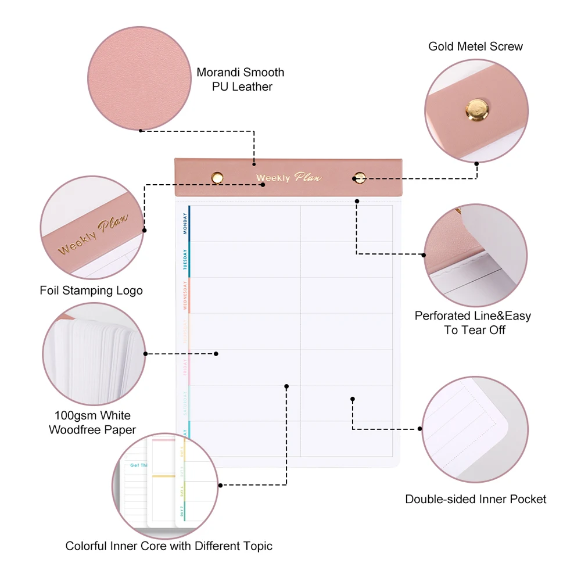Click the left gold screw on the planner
217,177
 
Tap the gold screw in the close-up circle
476,109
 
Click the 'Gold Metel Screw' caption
475,46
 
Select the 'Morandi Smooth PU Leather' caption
241,80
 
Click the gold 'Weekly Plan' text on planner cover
289,177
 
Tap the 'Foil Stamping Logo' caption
91,290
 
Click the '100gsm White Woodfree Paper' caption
92,423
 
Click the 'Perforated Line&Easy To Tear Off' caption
472,323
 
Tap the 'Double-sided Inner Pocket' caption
475,499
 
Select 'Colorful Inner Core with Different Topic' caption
168,546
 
